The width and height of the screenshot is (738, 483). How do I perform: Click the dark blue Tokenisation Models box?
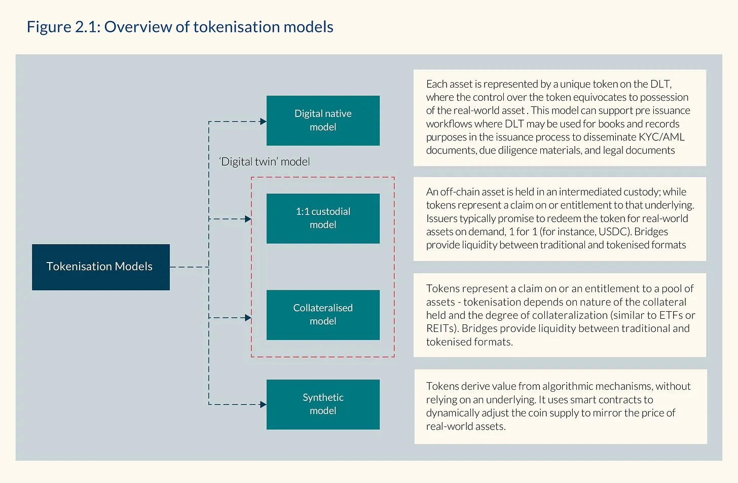pos(101,267)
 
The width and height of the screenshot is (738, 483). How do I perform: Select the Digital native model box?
pos(323,121)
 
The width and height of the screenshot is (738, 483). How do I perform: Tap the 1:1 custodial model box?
pos(323,218)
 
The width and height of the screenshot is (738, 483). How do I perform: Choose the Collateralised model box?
pos(323,315)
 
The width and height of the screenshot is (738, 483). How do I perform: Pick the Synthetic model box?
pos(323,404)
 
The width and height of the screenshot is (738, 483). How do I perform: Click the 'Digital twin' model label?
pos(265,162)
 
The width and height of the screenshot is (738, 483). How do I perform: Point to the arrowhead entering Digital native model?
pos(263,122)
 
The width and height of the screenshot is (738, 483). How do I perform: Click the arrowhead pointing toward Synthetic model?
pos(263,404)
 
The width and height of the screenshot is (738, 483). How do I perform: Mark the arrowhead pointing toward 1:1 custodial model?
pos(248,219)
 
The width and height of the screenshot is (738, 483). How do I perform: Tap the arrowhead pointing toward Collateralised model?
pos(248,318)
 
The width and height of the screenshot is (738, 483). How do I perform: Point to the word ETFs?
pos(671,315)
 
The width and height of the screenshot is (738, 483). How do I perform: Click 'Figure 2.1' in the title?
pos(63,27)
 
